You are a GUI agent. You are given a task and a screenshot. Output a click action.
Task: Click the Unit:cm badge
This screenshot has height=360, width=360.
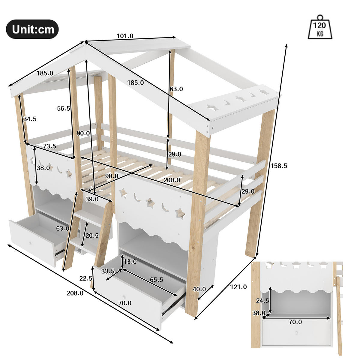tap(32, 29)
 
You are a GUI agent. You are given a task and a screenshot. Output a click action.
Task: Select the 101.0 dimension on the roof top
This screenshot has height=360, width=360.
tap(125, 36)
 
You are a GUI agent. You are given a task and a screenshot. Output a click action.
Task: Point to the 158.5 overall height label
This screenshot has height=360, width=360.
tap(279, 166)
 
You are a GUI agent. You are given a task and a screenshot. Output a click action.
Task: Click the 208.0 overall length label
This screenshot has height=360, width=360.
tap(75, 293)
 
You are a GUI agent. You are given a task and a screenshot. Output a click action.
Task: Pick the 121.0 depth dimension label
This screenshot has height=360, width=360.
tap(238, 287)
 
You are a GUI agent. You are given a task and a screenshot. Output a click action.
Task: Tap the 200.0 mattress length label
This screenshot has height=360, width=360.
tap(172, 180)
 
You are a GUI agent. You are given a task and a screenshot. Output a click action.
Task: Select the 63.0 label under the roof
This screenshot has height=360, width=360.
tap(176, 89)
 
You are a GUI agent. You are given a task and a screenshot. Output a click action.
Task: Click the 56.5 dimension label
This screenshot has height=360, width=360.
tap(64, 109)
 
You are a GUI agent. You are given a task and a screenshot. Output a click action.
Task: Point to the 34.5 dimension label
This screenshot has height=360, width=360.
tap(30, 119)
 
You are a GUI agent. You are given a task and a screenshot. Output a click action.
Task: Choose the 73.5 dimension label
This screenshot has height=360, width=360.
tap(49, 146)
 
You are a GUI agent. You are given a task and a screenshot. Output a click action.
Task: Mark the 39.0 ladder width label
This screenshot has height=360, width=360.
tap(92, 199)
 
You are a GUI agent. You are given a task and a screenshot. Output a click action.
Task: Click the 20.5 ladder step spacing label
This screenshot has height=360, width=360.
tap(92, 235)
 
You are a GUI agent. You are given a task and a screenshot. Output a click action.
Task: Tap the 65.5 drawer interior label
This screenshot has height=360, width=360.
tap(156, 280)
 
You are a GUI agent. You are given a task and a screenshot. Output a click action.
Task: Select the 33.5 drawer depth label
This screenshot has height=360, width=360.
tap(108, 271)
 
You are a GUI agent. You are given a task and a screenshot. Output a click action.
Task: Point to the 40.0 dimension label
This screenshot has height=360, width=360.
tap(199, 289)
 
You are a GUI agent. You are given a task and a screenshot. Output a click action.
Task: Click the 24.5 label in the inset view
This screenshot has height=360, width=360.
tap(262, 301)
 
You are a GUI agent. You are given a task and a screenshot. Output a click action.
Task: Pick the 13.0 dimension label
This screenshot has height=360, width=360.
tap(130, 262)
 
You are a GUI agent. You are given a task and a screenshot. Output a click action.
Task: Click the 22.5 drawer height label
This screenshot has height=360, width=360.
tap(85, 278)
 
